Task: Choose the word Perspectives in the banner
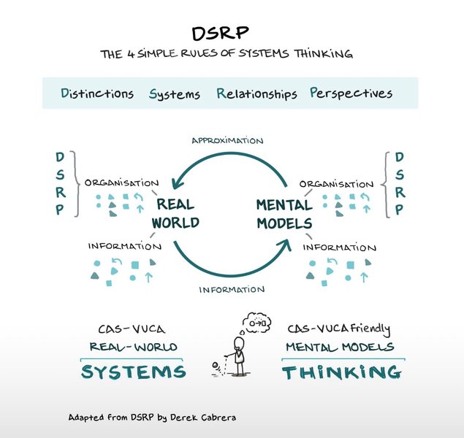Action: [351, 93]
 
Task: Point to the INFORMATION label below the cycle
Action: [231, 289]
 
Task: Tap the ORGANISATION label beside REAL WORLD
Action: [121, 183]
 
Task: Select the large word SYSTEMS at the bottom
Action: [133, 372]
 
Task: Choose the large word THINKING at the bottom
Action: [342, 372]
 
